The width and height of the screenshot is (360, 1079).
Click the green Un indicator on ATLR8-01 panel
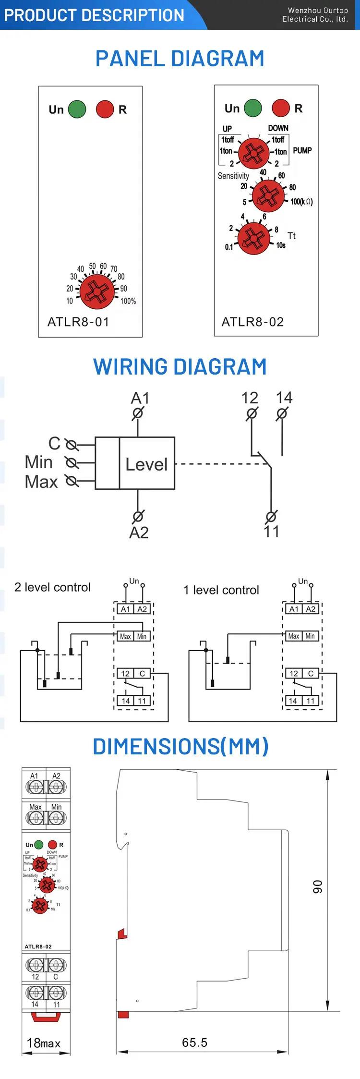pyautogui.click(x=77, y=109)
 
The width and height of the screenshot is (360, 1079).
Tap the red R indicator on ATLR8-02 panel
pyautogui.click(x=281, y=108)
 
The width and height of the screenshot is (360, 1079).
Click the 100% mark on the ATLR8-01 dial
pyautogui.click(x=128, y=301)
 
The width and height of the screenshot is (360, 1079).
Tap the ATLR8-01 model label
pyautogui.click(x=78, y=322)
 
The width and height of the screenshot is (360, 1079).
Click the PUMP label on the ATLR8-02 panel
pyautogui.click(x=302, y=150)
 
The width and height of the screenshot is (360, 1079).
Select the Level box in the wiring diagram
pyautogui.click(x=146, y=463)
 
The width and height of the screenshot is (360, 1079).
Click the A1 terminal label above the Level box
pyautogui.click(x=140, y=398)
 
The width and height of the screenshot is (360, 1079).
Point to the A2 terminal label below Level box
pyautogui.click(x=139, y=532)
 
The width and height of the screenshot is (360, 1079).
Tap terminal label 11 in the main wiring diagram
pyautogui.click(x=271, y=531)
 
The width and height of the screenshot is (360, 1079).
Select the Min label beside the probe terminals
pyautogui.click(x=38, y=462)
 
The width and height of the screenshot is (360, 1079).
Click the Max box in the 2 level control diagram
pyautogui.click(x=125, y=636)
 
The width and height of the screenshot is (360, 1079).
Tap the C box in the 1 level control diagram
pyautogui.click(x=311, y=673)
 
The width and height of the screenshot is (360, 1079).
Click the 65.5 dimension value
pyautogui.click(x=194, y=1042)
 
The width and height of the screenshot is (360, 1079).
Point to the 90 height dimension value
pyautogui.click(x=318, y=886)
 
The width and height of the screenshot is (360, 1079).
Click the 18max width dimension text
pyautogui.click(x=44, y=1043)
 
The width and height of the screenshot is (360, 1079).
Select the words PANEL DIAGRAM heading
pyautogui.click(x=180, y=59)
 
